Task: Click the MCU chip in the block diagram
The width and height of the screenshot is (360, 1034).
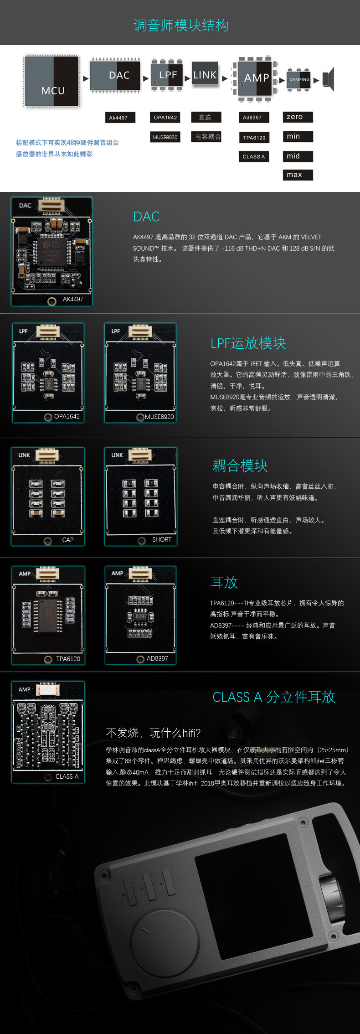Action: [52, 82]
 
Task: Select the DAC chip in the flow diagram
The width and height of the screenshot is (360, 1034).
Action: [114, 76]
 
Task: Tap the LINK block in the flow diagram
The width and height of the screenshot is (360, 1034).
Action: [205, 75]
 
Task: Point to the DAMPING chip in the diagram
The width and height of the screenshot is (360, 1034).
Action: [298, 80]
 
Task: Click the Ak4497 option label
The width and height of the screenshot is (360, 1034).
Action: [118, 118]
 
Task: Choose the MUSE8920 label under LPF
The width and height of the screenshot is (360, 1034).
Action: [165, 137]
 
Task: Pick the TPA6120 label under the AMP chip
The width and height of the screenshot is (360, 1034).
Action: [254, 138]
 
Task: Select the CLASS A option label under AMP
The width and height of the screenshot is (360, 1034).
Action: [253, 156]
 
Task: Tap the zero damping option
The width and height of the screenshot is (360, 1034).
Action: [298, 117]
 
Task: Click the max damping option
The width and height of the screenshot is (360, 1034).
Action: [298, 175]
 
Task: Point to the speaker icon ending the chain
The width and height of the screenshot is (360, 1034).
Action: [329, 79]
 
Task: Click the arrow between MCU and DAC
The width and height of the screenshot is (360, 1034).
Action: [86, 78]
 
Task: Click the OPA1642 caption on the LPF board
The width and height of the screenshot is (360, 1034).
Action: [67, 416]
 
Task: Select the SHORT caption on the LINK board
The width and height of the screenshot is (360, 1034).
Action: [162, 539]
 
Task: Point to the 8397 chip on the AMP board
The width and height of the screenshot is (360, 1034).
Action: [140, 616]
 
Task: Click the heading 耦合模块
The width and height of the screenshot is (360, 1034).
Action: [240, 465]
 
